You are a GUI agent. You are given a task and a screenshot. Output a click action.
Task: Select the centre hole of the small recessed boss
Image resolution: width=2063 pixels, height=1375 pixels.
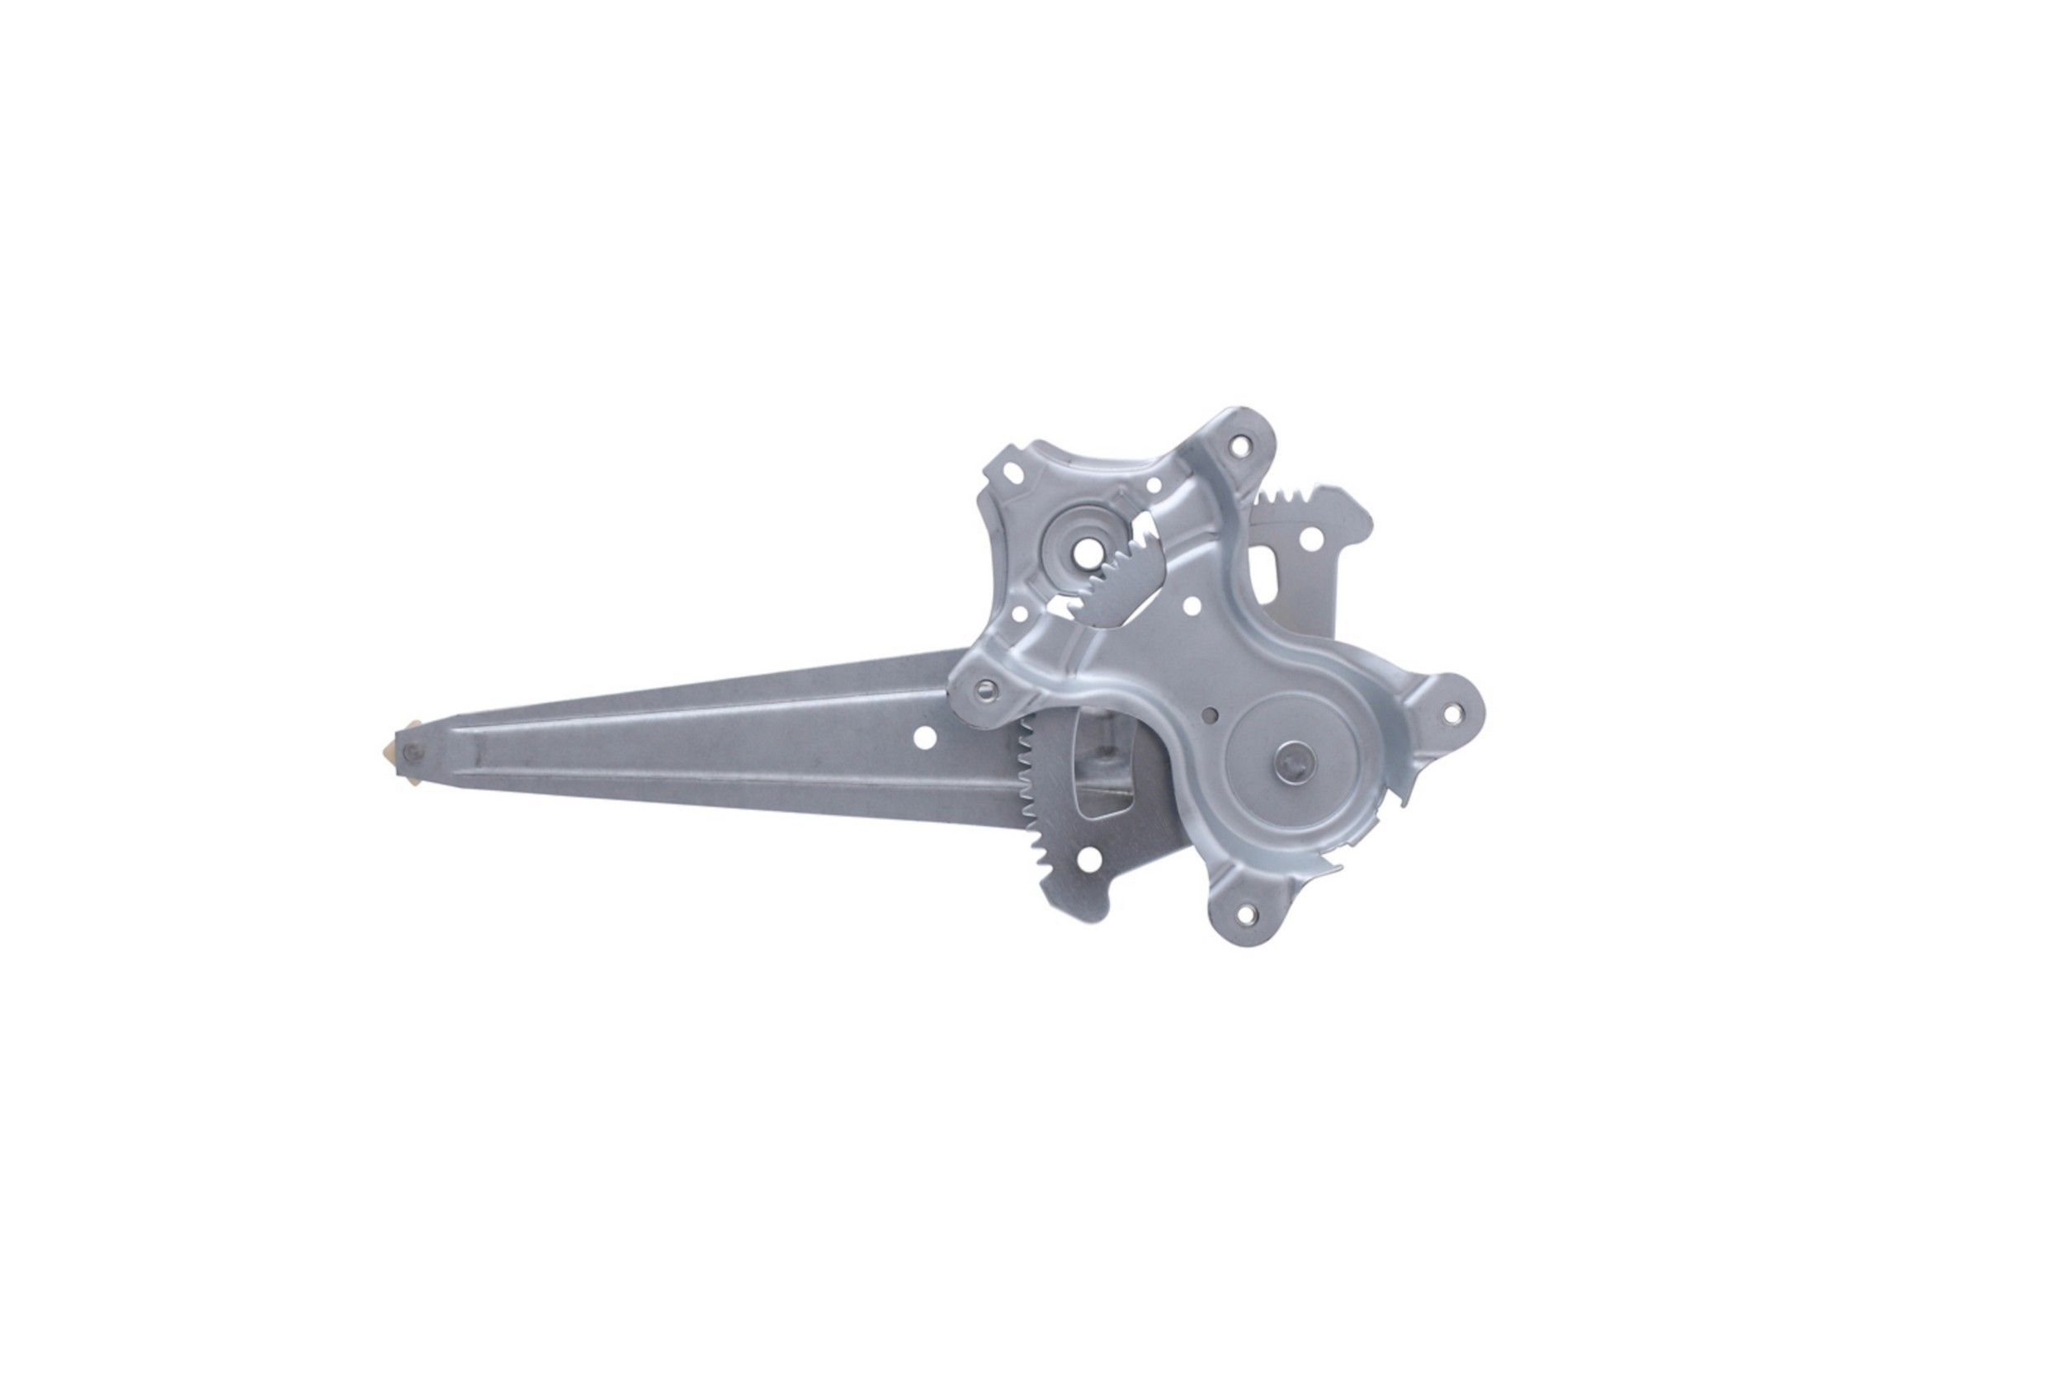click(1083, 556)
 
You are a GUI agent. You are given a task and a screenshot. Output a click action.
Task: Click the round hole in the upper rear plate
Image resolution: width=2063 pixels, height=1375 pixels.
click(1310, 539)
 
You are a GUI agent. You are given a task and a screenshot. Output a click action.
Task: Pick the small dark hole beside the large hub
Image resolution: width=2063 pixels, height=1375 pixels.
click(1211, 738)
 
